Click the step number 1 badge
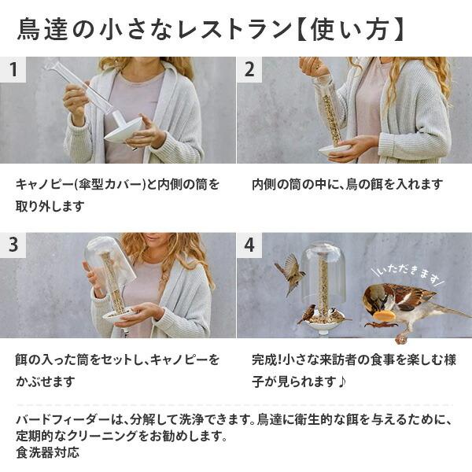click(x=13, y=69)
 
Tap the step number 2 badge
click(x=249, y=69)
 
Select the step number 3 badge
click(x=13, y=245)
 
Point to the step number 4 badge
click(x=249, y=245)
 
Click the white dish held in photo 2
click(x=335, y=148)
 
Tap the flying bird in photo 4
click(x=290, y=272)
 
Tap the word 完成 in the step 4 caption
click(x=266, y=360)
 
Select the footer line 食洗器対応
click(x=47, y=452)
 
